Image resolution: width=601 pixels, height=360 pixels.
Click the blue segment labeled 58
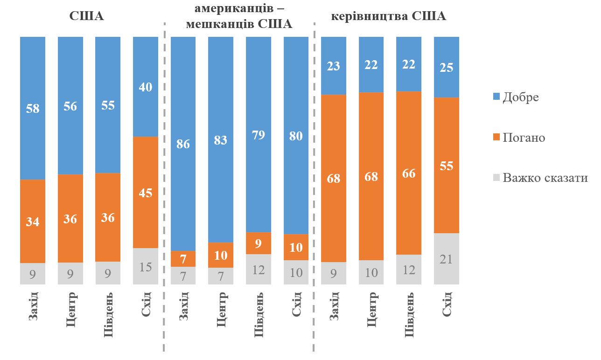[x=33, y=108]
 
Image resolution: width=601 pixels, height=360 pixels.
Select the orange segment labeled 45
[x=146, y=192]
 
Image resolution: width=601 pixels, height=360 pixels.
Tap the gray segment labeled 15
[x=146, y=266]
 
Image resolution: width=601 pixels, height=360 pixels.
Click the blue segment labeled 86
[x=183, y=144]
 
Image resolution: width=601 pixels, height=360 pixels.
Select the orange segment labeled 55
[x=447, y=165]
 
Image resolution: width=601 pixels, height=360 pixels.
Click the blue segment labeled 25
[x=447, y=67]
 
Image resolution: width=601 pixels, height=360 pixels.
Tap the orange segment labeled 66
[x=409, y=173]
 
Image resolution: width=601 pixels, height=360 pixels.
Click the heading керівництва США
[x=388, y=16]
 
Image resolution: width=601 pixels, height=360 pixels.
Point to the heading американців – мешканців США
[x=239, y=17]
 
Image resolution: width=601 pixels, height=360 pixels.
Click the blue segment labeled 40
[x=146, y=87]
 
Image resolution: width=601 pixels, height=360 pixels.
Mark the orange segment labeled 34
[x=33, y=222]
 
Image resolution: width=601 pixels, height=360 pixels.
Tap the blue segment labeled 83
[x=221, y=139]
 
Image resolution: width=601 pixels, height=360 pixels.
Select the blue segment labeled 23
[x=334, y=66]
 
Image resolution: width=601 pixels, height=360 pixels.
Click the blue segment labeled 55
[x=108, y=105]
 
